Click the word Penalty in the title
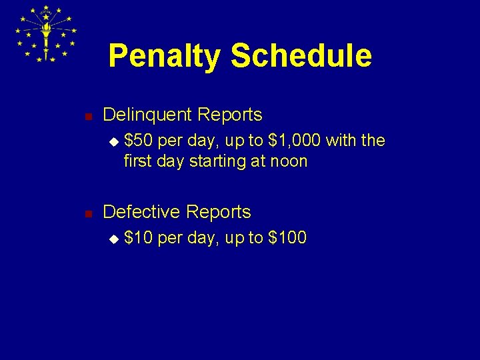(163, 56)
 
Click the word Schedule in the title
(301, 56)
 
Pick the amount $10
(138, 238)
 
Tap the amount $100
(287, 238)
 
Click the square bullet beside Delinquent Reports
(87, 116)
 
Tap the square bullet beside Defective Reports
(87, 213)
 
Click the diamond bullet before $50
(113, 141)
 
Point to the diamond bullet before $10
(113, 239)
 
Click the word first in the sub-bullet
(137, 161)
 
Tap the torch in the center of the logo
(46, 33)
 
